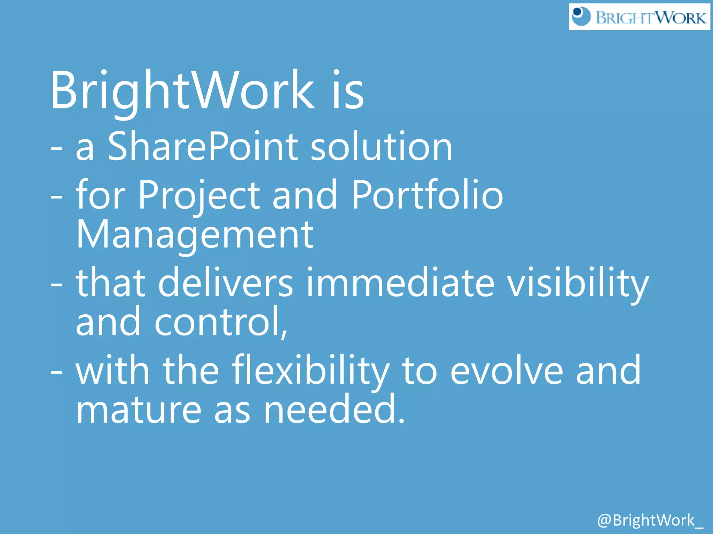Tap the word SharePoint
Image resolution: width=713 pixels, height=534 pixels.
203,147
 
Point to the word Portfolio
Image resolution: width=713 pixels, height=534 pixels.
427,195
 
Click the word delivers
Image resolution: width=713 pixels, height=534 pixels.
226,282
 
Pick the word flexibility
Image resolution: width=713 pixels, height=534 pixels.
311,371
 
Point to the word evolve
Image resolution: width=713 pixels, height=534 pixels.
507,371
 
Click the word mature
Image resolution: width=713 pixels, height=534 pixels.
139,410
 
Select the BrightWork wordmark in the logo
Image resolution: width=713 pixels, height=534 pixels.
651,17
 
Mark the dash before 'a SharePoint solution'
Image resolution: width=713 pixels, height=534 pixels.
56,148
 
